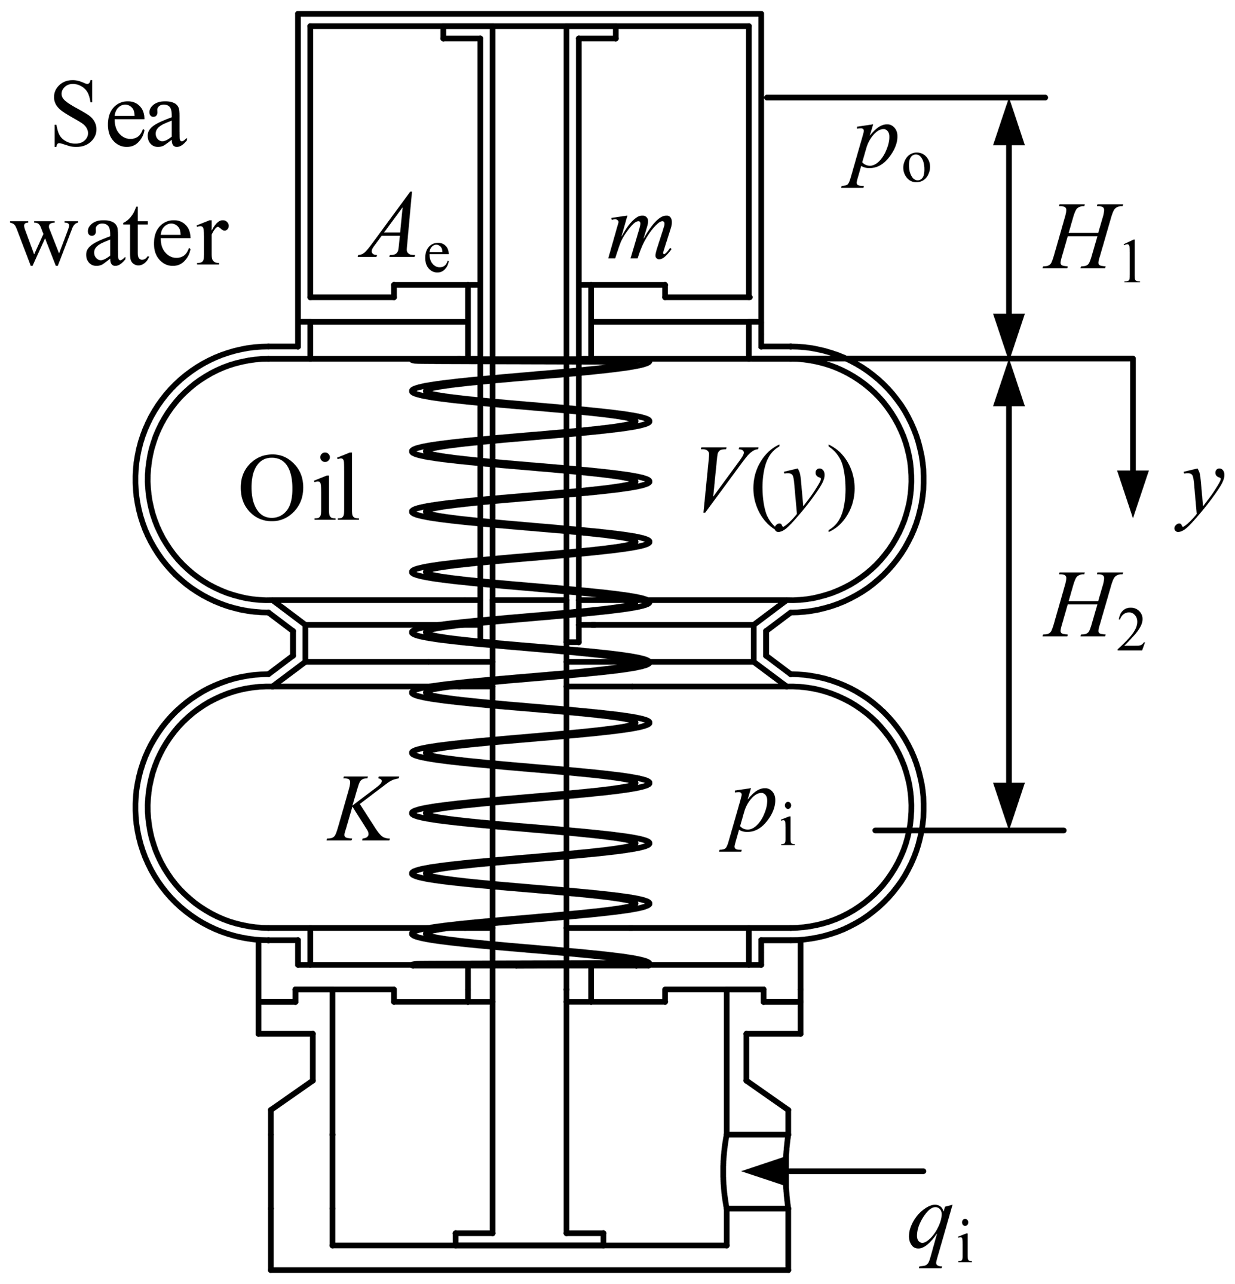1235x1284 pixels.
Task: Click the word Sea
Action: (x=120, y=121)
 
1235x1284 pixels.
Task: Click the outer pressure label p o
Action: (x=886, y=160)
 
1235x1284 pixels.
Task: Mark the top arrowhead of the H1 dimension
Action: (x=1009, y=121)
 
